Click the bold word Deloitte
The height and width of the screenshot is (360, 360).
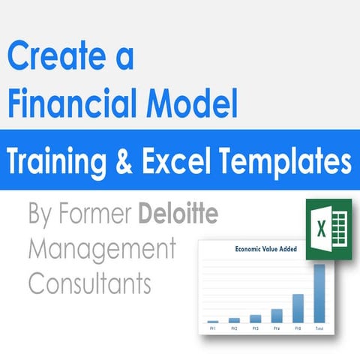(180, 216)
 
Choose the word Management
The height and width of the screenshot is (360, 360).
(101, 248)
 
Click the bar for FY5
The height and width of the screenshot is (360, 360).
(298, 308)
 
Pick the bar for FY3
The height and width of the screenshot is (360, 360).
(256, 319)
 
